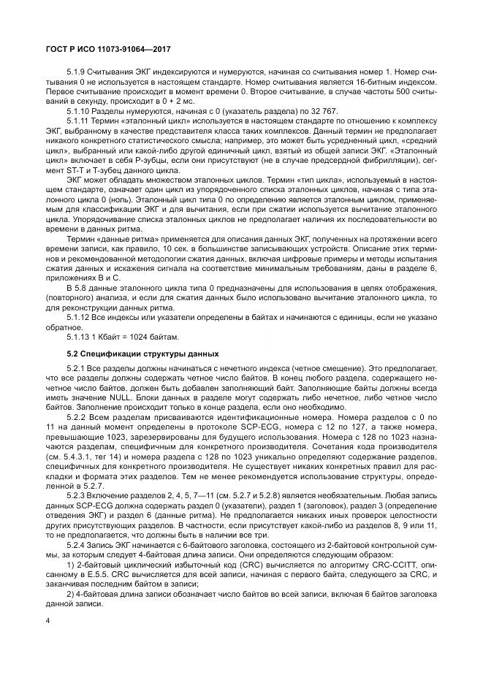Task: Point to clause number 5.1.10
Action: click(x=79, y=110)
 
